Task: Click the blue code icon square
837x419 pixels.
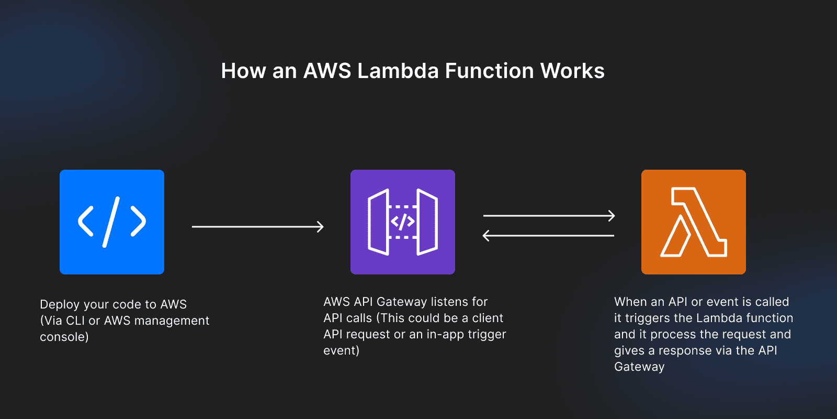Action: (112, 222)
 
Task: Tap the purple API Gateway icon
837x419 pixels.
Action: (402, 222)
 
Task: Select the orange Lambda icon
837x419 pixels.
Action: (693, 222)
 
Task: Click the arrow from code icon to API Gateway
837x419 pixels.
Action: (257, 227)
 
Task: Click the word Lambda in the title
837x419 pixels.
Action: (398, 71)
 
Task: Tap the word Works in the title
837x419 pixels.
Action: (572, 71)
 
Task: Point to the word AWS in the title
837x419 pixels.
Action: (327, 71)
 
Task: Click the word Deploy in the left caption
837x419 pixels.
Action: (60, 305)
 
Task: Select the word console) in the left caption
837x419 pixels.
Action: (64, 337)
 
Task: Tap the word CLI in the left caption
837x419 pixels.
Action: (75, 321)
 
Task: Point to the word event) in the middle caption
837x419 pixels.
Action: (341, 350)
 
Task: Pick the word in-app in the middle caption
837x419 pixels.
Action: (442, 334)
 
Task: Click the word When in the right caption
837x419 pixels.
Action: (630, 302)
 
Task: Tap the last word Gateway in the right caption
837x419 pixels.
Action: (639, 367)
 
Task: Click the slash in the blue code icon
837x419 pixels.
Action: (111, 222)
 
